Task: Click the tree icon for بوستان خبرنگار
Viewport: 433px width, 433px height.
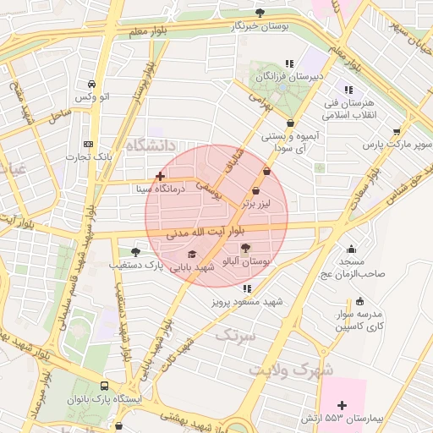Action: click(x=260, y=13)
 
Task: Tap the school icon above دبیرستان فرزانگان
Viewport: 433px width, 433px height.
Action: click(x=289, y=63)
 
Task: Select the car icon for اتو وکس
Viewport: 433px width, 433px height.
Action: click(x=90, y=85)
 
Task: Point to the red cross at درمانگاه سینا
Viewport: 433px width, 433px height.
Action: click(x=160, y=176)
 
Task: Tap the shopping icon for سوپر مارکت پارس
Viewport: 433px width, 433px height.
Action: click(x=397, y=131)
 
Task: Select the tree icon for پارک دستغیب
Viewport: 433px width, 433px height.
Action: click(x=135, y=252)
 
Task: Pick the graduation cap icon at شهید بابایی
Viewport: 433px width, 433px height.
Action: click(x=192, y=254)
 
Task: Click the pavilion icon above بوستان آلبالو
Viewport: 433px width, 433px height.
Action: click(x=245, y=248)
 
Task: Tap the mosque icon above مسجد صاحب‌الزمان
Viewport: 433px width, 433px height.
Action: click(x=351, y=249)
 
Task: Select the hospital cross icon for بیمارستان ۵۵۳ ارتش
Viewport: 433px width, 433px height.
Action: click(x=342, y=406)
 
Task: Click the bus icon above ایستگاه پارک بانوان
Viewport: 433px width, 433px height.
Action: click(x=105, y=385)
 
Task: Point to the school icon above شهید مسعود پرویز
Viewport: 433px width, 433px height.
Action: click(x=247, y=288)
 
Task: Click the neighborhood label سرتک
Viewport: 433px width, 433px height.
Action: click(x=235, y=336)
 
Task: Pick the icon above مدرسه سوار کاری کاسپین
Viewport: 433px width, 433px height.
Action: click(x=360, y=300)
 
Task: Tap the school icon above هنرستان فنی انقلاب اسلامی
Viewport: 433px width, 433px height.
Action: click(x=347, y=90)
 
